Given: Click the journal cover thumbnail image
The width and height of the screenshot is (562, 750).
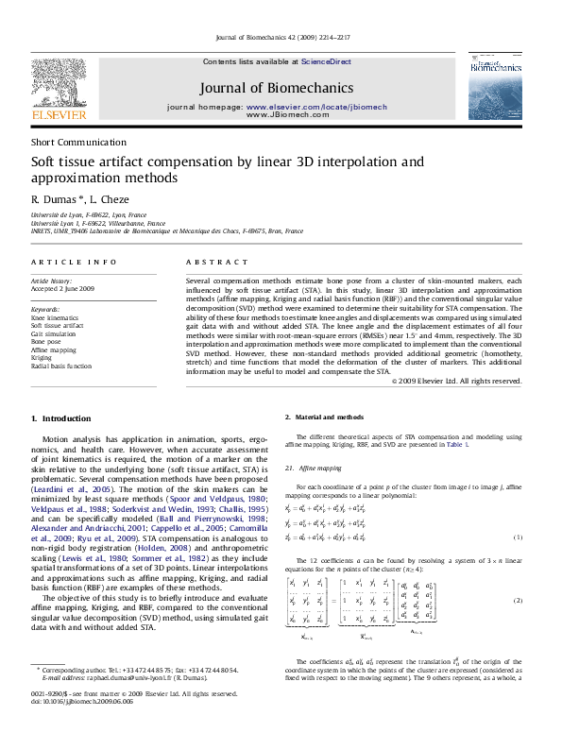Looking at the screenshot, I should pos(494,86).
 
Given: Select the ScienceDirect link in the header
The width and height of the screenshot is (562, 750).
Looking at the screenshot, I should pos(326,60).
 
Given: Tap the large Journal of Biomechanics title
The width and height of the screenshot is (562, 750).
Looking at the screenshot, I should pos(277,88).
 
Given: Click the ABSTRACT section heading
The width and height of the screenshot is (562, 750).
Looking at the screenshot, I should pos(211,262).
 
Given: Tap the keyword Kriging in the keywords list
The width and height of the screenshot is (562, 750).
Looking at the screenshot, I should pos(43,358).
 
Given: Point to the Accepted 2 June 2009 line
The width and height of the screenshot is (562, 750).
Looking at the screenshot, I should pos(63,289).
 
